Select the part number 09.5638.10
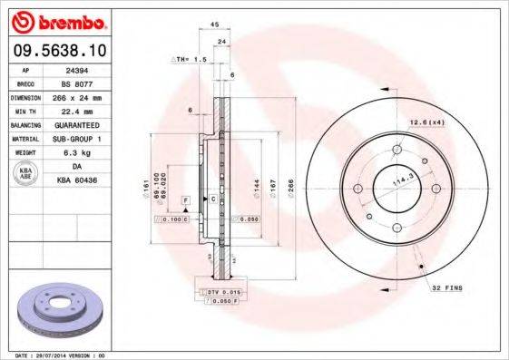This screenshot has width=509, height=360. coord(56,51)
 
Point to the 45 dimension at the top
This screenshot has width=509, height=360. coord(215,25)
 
